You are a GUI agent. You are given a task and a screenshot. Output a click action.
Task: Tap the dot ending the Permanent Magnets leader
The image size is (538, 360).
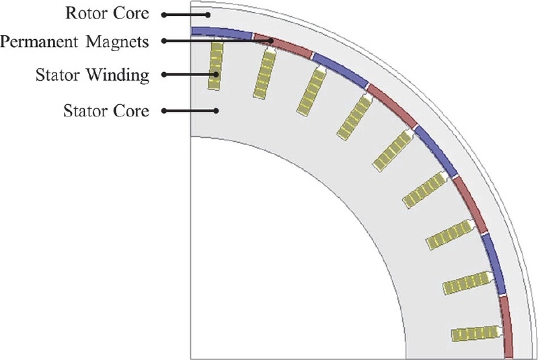click(x=270, y=42)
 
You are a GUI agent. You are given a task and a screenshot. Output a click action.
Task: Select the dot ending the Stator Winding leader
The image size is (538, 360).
click(x=217, y=75)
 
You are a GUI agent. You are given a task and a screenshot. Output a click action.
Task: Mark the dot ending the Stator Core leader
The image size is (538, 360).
click(x=217, y=110)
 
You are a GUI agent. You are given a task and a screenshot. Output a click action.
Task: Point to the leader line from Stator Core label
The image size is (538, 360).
click(x=188, y=110)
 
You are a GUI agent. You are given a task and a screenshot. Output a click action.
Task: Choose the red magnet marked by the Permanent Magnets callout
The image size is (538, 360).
click(x=282, y=44)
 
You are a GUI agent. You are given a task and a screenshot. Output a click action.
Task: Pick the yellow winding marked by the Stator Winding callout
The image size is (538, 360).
click(x=216, y=65)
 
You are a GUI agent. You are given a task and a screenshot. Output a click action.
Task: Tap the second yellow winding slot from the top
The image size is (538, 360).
click(x=264, y=75)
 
